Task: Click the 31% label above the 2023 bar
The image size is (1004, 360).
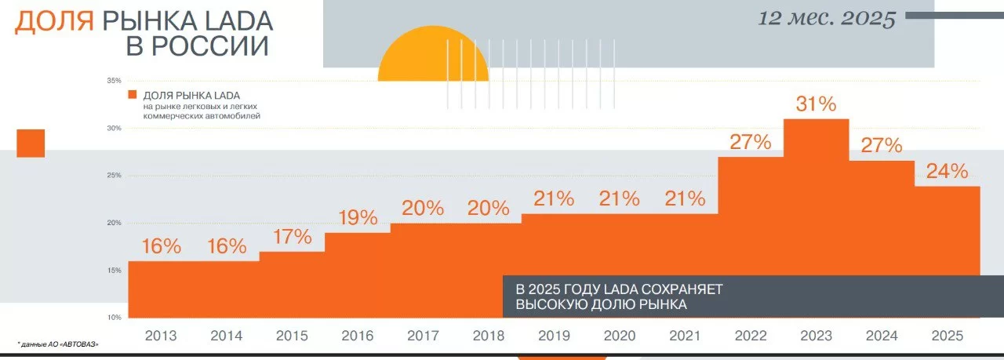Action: (x=817, y=104)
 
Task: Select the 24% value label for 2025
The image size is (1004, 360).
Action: (x=948, y=171)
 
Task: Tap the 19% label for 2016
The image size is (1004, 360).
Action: (x=358, y=218)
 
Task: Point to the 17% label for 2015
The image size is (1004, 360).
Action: (x=293, y=236)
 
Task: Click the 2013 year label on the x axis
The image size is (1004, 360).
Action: (x=161, y=336)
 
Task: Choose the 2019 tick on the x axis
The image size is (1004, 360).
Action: (x=555, y=336)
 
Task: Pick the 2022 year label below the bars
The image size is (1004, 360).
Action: (x=751, y=336)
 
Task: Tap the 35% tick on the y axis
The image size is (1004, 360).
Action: (x=113, y=81)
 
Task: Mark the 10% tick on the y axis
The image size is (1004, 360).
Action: (x=113, y=318)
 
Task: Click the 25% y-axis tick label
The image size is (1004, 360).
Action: (x=113, y=176)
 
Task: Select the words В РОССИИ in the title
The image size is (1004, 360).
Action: (x=198, y=46)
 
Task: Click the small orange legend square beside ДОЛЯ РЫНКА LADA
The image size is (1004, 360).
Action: (x=135, y=96)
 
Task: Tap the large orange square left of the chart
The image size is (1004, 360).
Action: (x=31, y=144)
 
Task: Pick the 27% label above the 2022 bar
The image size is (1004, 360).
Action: (x=751, y=142)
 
